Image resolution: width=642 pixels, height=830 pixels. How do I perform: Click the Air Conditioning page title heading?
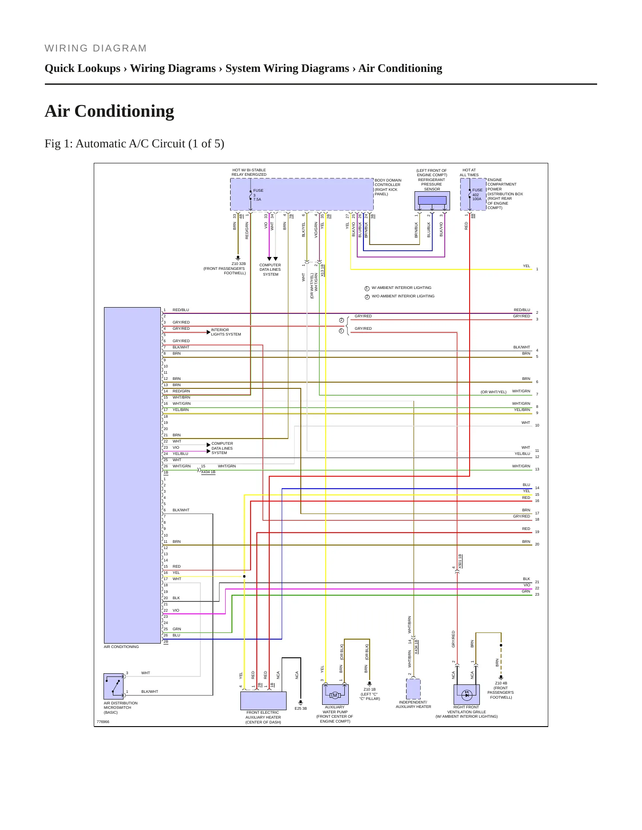click(x=109, y=111)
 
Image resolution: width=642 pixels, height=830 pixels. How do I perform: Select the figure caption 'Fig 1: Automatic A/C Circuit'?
click(x=115, y=144)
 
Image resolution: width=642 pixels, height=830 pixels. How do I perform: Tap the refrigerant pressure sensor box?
click(x=432, y=201)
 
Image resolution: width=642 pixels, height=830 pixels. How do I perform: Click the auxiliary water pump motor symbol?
click(x=335, y=695)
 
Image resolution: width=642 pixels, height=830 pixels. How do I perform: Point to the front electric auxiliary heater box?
click(x=263, y=701)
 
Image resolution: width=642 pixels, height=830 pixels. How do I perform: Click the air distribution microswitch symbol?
click(x=114, y=686)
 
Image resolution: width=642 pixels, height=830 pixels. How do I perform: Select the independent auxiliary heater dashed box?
click(x=413, y=689)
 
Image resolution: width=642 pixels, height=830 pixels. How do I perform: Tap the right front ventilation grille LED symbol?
click(x=467, y=695)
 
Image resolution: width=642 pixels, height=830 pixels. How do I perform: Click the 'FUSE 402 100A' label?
click(x=477, y=194)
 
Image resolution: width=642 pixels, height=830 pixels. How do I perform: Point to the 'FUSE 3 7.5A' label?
click(x=258, y=195)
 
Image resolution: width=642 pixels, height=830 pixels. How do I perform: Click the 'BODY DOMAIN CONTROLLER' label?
click(x=388, y=182)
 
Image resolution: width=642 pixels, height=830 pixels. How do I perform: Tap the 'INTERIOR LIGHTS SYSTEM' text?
click(x=226, y=332)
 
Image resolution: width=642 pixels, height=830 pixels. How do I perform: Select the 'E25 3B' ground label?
click(x=301, y=708)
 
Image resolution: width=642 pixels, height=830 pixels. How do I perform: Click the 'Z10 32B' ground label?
click(x=239, y=264)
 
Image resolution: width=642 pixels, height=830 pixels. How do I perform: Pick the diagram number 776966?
click(x=103, y=722)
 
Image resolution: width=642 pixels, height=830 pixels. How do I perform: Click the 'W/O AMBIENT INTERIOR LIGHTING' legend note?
click(x=403, y=296)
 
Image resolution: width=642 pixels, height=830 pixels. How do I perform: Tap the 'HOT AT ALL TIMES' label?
click(x=469, y=173)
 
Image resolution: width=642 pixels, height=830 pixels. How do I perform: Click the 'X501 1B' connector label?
click(x=460, y=561)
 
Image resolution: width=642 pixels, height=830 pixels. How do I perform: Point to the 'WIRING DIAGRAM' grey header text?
click(x=96, y=48)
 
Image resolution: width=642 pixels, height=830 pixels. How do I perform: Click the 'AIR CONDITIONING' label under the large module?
click(x=121, y=647)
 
